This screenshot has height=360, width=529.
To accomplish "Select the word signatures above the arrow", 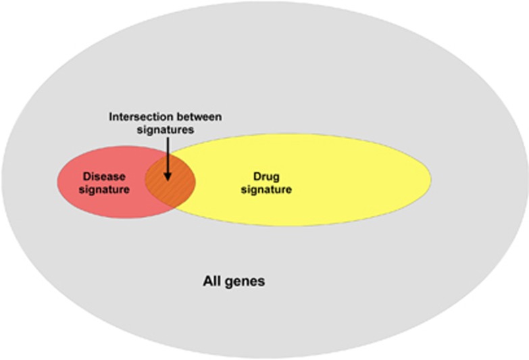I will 166,129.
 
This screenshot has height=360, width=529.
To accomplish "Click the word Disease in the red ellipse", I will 104,176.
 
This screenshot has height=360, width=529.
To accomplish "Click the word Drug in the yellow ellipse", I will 266,176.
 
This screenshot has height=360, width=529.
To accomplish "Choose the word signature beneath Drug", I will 267,189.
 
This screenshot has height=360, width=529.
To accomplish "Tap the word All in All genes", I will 213,281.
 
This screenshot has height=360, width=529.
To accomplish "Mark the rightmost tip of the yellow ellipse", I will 431,180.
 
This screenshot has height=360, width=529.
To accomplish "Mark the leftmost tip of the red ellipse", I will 56,182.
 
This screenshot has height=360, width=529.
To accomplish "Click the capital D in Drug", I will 257,176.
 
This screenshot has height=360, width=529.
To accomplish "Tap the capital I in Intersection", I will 111,117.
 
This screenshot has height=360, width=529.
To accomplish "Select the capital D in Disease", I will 86,176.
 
